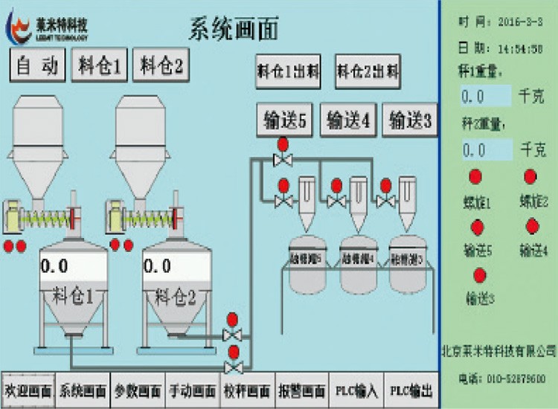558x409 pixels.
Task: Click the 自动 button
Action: pyautogui.click(x=37, y=66)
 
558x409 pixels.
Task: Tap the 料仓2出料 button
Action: pyautogui.click(x=368, y=72)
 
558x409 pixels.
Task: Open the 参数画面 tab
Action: pyautogui.click(x=138, y=390)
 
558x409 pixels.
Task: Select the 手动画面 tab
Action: pyautogui.click(x=193, y=390)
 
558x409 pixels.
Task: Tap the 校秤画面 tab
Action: pyautogui.click(x=247, y=390)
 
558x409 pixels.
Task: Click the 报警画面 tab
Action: pyautogui.click(x=301, y=390)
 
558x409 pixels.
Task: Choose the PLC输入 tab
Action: pyautogui.click(x=356, y=390)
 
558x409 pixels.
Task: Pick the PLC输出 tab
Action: pyautogui.click(x=409, y=390)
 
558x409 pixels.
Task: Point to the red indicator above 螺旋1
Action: pyautogui.click(x=475, y=177)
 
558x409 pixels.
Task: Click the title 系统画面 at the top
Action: pyautogui.click(x=234, y=29)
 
